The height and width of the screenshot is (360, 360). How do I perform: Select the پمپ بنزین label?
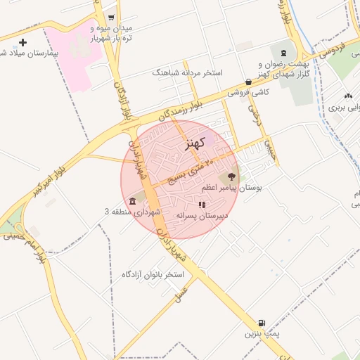click(x=262, y=334)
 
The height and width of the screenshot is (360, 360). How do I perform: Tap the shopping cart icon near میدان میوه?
click(x=112, y=17)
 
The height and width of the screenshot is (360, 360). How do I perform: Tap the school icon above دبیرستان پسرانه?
click(x=202, y=205)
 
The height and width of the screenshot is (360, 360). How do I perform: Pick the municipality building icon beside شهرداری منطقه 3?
click(x=133, y=202)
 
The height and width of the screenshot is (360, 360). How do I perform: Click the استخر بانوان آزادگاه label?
click(x=152, y=274)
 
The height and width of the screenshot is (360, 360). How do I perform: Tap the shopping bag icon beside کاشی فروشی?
click(x=249, y=82)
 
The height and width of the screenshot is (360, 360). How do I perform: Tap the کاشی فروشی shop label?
click(x=249, y=92)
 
